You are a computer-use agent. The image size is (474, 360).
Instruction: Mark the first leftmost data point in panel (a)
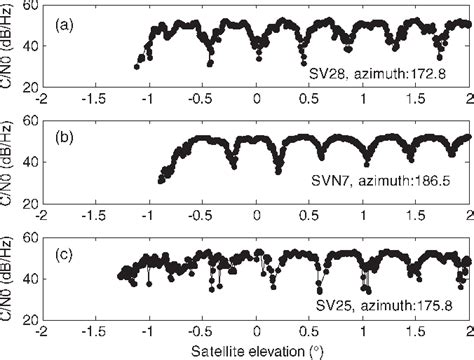[x=137, y=67]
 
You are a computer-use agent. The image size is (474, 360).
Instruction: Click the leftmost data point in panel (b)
[x=161, y=182]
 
